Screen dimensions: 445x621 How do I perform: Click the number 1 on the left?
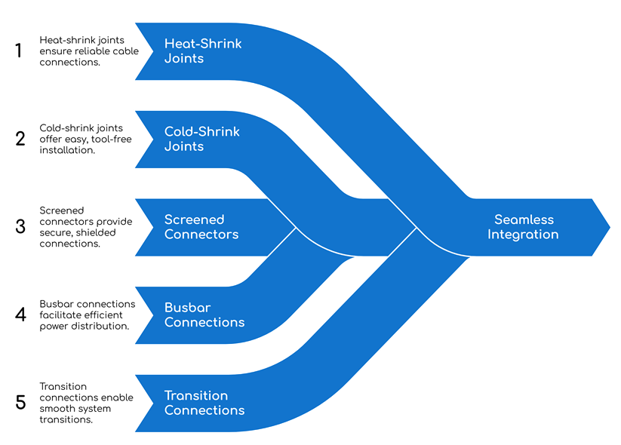[x=20, y=51]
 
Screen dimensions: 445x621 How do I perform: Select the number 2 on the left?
[x=20, y=139]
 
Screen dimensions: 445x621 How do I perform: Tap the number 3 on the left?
[x=20, y=226]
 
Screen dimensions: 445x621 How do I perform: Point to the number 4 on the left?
[x=20, y=315]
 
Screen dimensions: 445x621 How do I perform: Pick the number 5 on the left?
[x=20, y=402]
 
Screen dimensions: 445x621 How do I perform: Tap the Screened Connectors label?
[x=201, y=226]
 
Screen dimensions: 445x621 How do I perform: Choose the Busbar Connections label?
[x=204, y=315]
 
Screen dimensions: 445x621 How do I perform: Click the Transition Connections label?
[x=204, y=403]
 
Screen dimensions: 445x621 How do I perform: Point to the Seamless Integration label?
[x=523, y=226]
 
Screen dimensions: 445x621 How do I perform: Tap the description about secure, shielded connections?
[x=85, y=226]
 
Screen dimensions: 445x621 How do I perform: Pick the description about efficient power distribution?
[x=87, y=315]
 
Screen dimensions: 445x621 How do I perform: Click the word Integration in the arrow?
[x=523, y=234]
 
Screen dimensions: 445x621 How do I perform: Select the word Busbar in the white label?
[x=186, y=307]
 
